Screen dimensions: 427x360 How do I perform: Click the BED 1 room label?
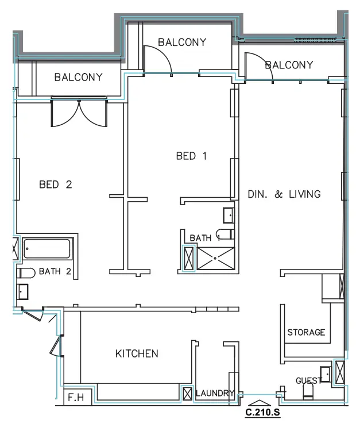click(190, 155)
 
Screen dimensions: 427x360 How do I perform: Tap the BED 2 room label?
click(55, 184)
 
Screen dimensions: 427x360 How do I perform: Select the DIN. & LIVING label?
click(284, 194)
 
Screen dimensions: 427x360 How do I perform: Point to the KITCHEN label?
click(137, 353)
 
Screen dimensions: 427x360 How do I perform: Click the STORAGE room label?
click(306, 332)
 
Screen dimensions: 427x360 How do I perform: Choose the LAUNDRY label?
click(215, 394)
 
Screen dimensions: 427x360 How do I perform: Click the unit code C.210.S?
click(262, 412)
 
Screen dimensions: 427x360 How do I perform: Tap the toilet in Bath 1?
click(228, 234)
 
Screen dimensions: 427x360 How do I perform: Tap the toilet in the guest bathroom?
click(308, 391)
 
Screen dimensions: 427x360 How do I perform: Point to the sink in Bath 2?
click(23, 292)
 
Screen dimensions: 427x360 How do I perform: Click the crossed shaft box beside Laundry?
click(187, 394)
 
